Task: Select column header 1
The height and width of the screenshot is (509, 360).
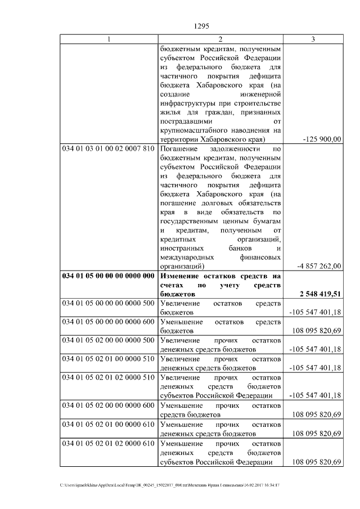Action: coord(109,39)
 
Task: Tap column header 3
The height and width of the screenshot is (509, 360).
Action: coord(313,39)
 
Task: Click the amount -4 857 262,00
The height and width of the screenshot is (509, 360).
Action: coord(318,266)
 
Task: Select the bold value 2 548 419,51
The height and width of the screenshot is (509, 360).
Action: coord(318,294)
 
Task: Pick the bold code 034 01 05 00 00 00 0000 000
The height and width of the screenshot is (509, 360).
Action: coord(108,276)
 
